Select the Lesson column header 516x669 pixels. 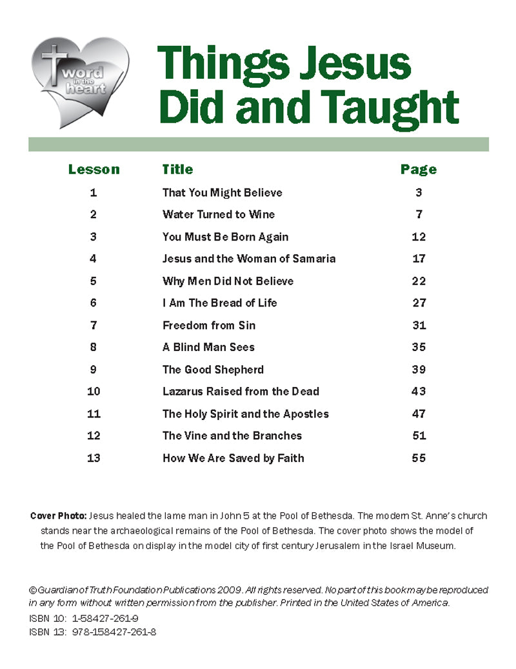pyautogui.click(x=94, y=170)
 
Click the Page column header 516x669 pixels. pyautogui.click(x=419, y=170)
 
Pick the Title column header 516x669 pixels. pyautogui.click(x=177, y=169)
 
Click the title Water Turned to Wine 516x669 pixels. pyautogui.click(x=219, y=214)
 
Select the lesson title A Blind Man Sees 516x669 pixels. pyautogui.click(x=208, y=347)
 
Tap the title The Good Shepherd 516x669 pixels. pyautogui.click(x=213, y=370)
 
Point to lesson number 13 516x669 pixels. pyautogui.click(x=94, y=458)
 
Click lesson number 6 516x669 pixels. pyautogui.click(x=94, y=303)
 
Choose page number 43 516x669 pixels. pyautogui.click(x=419, y=392)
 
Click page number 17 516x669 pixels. pyautogui.click(x=419, y=259)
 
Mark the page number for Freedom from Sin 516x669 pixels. pyautogui.click(x=419, y=325)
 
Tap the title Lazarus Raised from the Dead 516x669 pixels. pyautogui.click(x=241, y=392)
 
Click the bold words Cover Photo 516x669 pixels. pyautogui.click(x=58, y=516)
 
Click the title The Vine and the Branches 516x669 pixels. pyautogui.click(x=232, y=435)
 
